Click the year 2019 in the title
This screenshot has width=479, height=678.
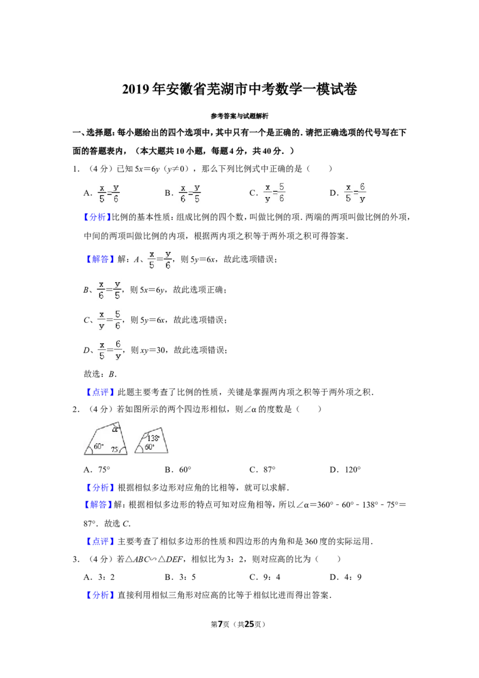coord(136,89)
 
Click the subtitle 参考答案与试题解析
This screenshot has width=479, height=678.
coord(239,116)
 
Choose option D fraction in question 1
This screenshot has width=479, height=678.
coord(356,193)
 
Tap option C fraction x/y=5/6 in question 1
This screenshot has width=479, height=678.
coord(274,193)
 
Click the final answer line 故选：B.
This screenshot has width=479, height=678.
coord(101,374)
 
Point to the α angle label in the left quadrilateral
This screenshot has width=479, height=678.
coord(114,429)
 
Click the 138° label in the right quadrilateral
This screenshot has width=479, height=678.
coord(153,438)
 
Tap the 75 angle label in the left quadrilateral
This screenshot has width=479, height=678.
coord(115,450)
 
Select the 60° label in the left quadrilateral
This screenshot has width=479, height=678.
coord(99,446)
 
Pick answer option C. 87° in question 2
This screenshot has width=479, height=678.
coord(262,470)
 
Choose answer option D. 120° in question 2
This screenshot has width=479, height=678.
coord(345,470)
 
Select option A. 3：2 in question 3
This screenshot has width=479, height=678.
coord(99,577)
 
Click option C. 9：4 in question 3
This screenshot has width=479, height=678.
coord(265,577)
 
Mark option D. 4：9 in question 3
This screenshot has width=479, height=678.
coord(345,577)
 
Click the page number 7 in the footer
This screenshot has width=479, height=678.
coord(220,624)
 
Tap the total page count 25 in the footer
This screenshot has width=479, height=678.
coord(249,624)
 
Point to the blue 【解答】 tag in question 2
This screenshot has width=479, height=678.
coord(98,505)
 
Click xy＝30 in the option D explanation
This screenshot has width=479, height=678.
coord(153,350)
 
